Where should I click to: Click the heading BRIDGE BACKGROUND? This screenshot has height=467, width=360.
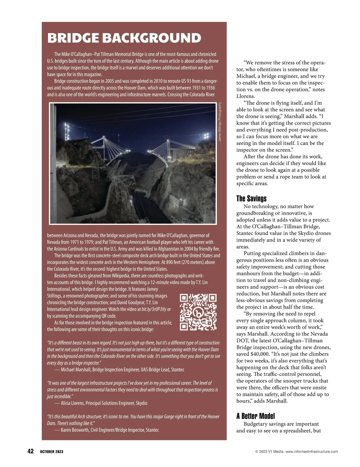tap(124, 38)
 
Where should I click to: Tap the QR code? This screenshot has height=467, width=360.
tap(198, 312)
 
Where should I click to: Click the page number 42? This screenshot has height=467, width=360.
tap(30, 451)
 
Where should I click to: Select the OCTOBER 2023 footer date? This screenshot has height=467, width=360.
tap(52, 452)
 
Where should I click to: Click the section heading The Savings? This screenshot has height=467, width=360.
tap(251, 198)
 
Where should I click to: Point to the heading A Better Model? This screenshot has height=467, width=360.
tap(255, 416)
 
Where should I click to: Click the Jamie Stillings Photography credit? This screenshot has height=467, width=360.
tap(220, 122)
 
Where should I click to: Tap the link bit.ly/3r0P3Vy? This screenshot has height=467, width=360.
tap(154, 309)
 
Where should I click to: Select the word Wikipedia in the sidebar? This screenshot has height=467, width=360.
tap(120, 276)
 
